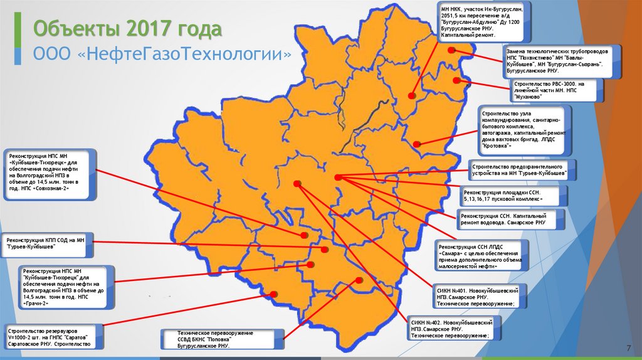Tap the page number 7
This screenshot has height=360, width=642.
tap(628, 348)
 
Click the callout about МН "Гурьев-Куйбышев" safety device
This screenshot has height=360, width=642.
tap(521, 169)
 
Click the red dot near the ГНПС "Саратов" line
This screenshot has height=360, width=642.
tap(273, 294)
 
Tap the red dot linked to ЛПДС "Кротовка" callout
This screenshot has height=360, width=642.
tap(417, 144)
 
